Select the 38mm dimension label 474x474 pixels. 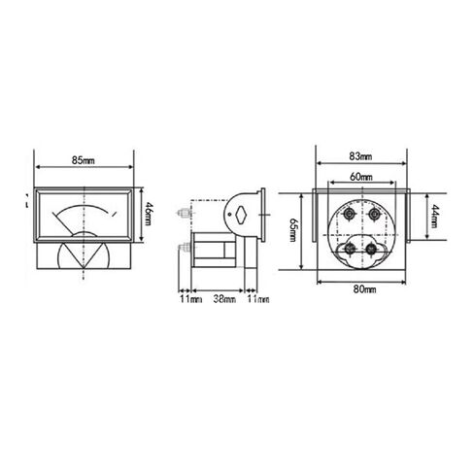point(223,299)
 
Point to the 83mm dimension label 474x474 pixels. point(359,155)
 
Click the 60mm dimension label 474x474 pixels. point(361,177)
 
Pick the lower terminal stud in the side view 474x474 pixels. point(184,248)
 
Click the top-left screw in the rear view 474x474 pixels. point(349,214)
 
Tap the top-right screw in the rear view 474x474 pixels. point(374,214)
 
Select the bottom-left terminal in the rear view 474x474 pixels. point(348,249)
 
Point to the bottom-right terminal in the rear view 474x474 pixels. point(371,249)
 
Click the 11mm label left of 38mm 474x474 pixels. point(190,299)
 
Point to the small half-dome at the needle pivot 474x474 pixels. point(85,234)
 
